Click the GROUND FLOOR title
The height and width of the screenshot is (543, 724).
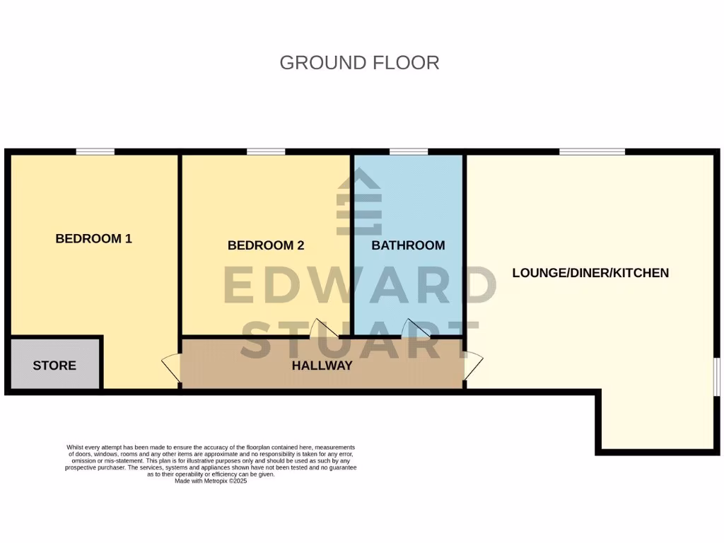pos(359,62)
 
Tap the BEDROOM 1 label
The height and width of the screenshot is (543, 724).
pos(93,238)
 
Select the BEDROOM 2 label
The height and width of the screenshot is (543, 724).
pos(265,245)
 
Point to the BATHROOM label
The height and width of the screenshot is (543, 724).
pos(408,245)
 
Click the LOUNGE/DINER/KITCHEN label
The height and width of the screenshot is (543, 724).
pos(590,272)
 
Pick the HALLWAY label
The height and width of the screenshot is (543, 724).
pos(322,366)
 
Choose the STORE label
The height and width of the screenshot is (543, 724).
pos(54,366)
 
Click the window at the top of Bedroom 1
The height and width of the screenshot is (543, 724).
pos(95,151)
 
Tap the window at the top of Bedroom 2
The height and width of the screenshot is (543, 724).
pos(266,151)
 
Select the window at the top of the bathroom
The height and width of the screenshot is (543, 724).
pos(408,151)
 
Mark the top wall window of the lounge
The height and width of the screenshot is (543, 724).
pos(592,151)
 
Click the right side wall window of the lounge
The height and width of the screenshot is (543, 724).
pos(716,376)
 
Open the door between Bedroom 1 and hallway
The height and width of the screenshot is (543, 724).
pos(171,369)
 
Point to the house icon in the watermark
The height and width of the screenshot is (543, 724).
pos(359,205)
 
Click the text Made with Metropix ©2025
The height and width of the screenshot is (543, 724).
pos(211,481)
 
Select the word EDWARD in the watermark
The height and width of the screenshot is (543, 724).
pos(359,286)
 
